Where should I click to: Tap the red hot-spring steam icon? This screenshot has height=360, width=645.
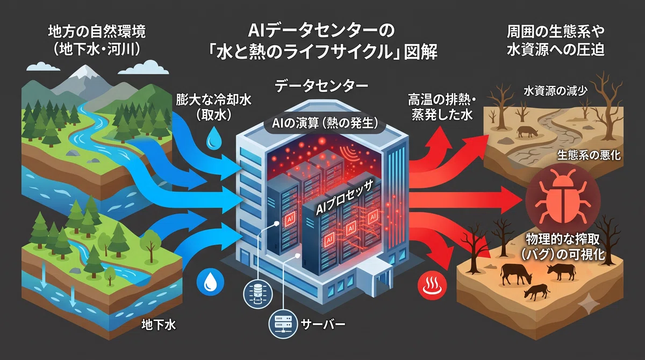[x=432, y=285]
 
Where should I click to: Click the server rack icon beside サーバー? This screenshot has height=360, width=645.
[x=283, y=325]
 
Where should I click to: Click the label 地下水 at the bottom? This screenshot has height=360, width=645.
[x=159, y=325]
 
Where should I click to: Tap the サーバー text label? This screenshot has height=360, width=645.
[x=323, y=325]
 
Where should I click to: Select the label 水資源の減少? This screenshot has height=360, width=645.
[x=555, y=91]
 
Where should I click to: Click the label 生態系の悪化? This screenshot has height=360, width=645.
[x=589, y=155]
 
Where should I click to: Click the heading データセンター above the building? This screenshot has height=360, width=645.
[x=321, y=85]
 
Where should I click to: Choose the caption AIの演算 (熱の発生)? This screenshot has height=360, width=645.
[x=325, y=124]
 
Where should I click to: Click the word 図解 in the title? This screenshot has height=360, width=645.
[x=421, y=52]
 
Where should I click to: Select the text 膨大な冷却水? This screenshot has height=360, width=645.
[x=213, y=100]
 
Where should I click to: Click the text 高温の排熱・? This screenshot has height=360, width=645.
[x=442, y=100]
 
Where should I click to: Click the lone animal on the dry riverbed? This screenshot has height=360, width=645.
[x=527, y=132]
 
